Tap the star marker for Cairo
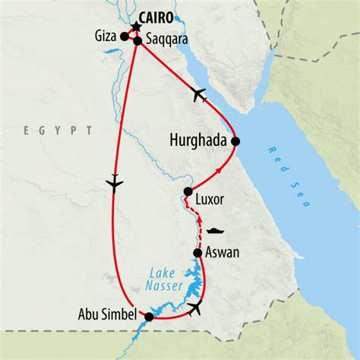(136, 28)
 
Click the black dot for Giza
(124, 35)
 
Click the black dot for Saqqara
(137, 41)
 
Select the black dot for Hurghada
(235, 141)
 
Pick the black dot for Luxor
(187, 192)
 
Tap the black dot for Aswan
(197, 253)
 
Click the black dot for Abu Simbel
(149, 317)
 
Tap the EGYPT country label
(58, 131)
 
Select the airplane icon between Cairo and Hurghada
(200, 94)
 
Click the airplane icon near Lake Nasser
(197, 307)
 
